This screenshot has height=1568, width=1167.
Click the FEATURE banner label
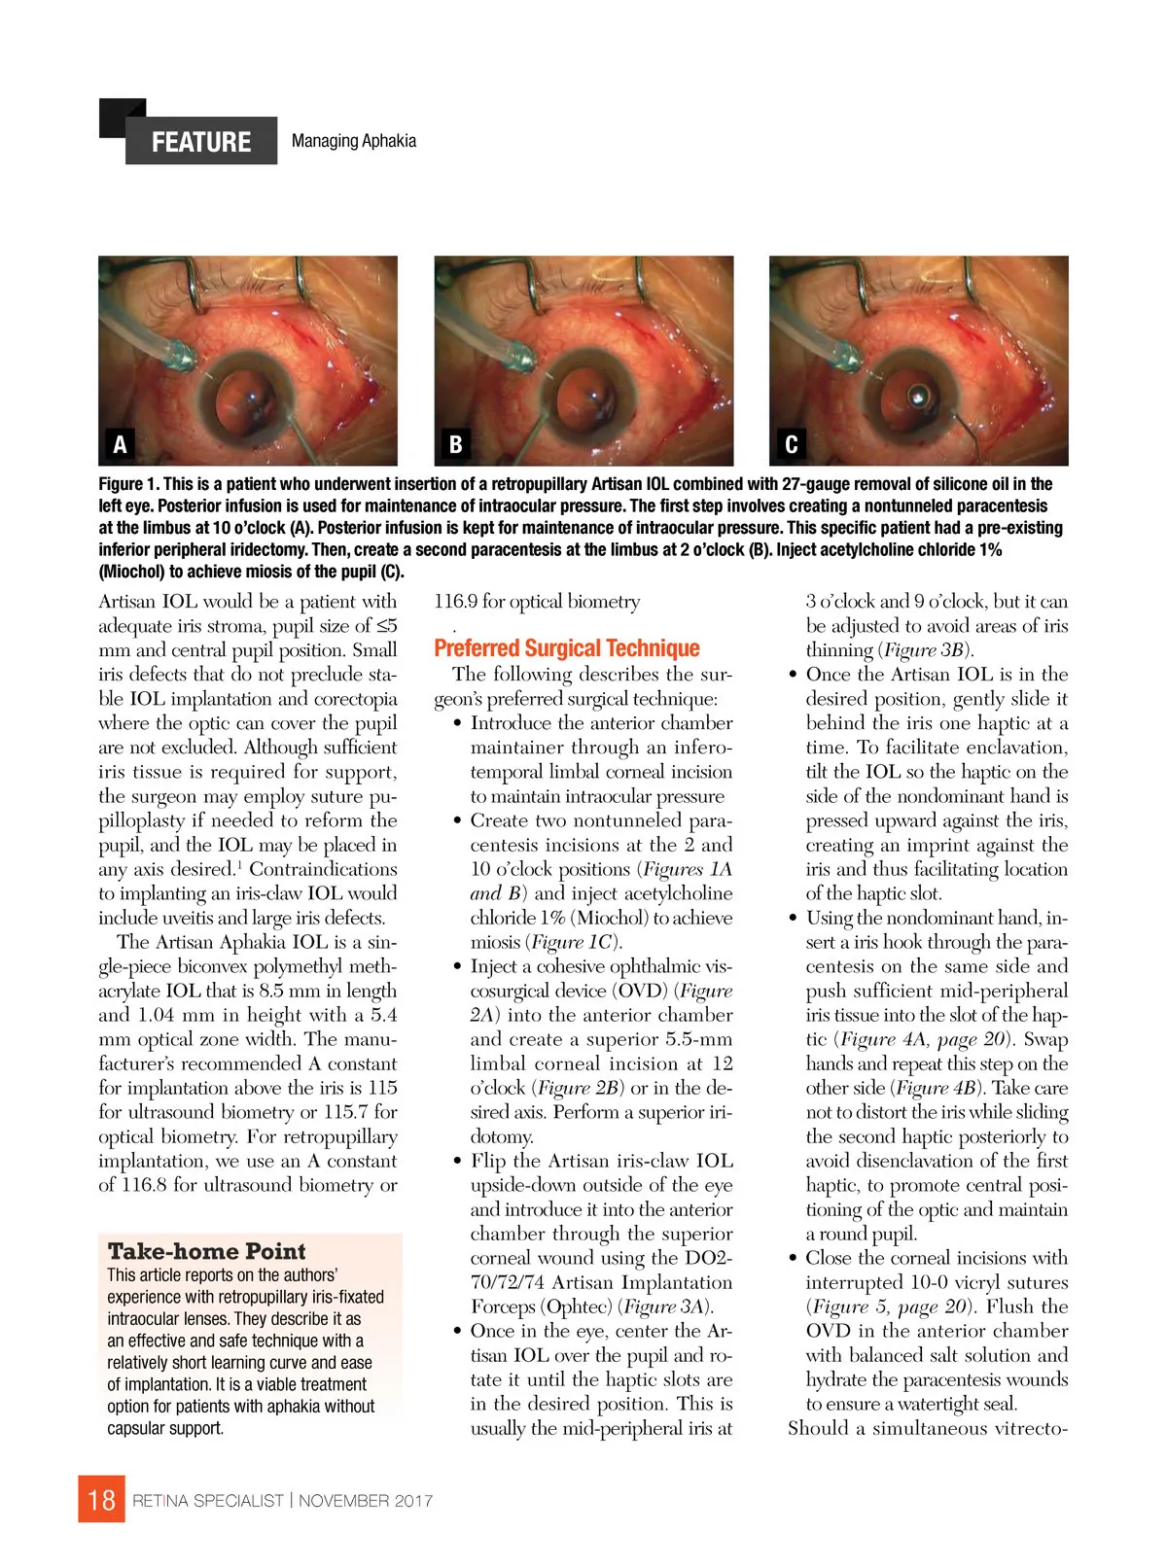click(x=200, y=142)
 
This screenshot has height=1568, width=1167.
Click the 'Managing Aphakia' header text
click(x=353, y=141)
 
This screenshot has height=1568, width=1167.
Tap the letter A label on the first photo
click(x=120, y=444)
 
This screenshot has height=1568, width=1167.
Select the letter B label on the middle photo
click(x=455, y=444)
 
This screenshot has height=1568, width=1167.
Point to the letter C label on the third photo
click(x=791, y=444)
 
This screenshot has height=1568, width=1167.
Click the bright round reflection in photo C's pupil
click(x=918, y=396)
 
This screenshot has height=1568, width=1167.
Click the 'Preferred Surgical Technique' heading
click(x=566, y=648)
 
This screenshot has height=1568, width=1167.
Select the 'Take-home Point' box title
click(x=206, y=1251)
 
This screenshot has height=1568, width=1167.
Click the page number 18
click(x=101, y=1500)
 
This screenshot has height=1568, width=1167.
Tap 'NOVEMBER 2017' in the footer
click(x=366, y=1501)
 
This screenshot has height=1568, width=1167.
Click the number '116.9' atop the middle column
click(x=455, y=602)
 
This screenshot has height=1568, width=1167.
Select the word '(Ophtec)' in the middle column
click(x=579, y=1307)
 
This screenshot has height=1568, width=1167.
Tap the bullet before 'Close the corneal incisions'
click(x=794, y=1259)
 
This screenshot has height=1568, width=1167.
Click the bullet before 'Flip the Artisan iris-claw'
click(x=458, y=1162)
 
